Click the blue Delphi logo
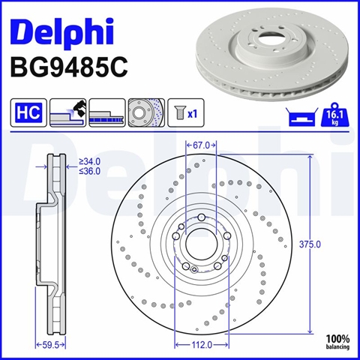pos(62,31)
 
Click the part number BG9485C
pos(69,67)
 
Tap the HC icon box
pos(28,112)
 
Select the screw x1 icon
pos(186,112)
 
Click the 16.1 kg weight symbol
pos(334,115)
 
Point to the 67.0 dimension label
pos(201,145)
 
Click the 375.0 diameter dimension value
pos(310,244)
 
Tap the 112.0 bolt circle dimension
pos(202,345)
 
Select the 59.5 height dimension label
pos(50,345)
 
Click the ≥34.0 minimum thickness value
pos(89,162)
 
